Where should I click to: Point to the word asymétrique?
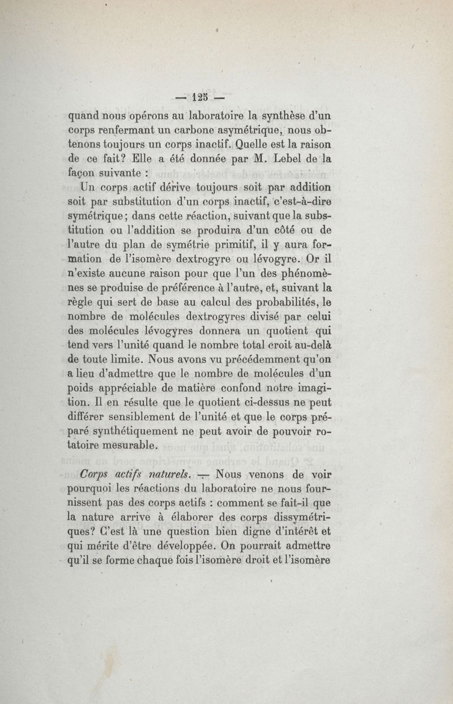coord(238,131)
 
